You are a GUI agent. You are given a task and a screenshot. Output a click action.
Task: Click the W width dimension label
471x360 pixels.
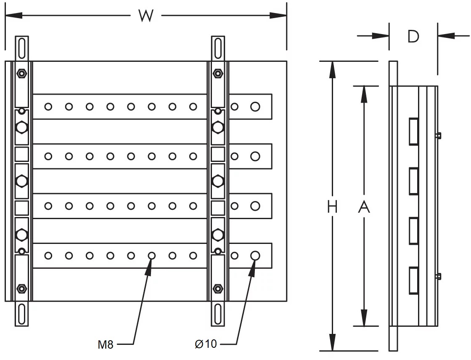(146, 15)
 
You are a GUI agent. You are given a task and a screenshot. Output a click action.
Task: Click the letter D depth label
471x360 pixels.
(413, 36)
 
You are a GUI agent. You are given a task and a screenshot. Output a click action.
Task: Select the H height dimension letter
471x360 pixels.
(332, 207)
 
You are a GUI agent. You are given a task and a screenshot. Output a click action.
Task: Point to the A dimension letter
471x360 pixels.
(364, 207)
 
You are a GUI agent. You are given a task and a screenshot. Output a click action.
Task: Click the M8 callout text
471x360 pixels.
(106, 344)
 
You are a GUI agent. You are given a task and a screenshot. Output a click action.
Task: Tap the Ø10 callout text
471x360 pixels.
(206, 344)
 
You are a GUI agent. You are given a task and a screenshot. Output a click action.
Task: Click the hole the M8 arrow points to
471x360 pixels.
(152, 256)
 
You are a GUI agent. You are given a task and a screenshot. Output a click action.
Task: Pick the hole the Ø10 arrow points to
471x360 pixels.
(255, 256)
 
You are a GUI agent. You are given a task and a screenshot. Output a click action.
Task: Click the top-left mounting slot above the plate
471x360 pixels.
(22, 48)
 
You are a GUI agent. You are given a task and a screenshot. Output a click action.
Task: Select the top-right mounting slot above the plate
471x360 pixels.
(218, 48)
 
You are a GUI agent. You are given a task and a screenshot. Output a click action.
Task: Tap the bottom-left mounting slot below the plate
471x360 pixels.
(22, 314)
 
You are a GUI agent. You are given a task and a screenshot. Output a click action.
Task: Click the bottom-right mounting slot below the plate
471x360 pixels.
(218, 314)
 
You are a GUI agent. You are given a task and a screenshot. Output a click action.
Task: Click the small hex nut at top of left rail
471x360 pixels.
(22, 73)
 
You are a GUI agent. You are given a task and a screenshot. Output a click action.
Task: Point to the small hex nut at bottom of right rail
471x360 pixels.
(218, 289)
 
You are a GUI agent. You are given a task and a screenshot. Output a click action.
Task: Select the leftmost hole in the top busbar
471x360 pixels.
(48, 107)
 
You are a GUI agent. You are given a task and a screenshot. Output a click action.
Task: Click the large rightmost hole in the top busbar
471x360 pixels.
(255, 107)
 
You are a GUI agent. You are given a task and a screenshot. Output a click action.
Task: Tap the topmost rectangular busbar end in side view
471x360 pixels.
(414, 132)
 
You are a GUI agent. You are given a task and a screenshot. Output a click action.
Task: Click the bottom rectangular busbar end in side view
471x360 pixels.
(414, 281)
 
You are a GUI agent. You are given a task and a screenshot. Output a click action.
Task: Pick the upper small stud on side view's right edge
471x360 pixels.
(439, 135)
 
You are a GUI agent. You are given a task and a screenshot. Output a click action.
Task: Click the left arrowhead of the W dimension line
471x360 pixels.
(13, 15)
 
